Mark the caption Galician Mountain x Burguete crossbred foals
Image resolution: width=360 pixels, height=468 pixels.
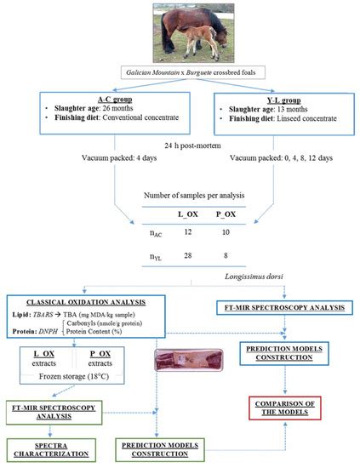(180, 73)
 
